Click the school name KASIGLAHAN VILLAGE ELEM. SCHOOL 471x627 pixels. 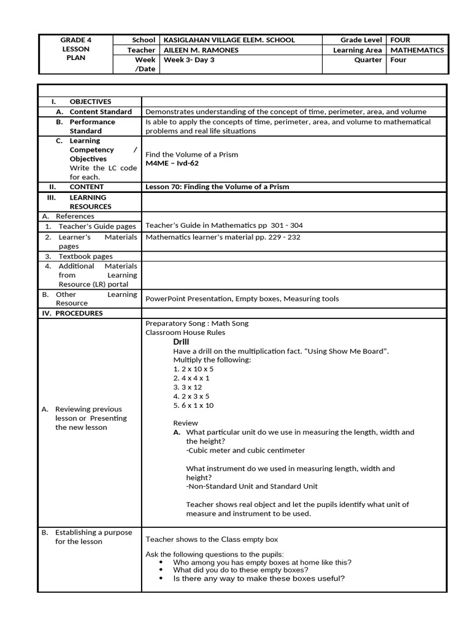[x=229, y=40]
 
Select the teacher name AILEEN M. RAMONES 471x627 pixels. [x=202, y=50]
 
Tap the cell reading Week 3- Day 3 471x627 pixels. [x=189, y=60]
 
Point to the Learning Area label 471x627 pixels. [x=357, y=50]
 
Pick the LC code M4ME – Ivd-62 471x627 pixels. [x=172, y=163]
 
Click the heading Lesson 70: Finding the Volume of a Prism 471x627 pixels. [x=216, y=187]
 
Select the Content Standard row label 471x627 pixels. [x=100, y=112]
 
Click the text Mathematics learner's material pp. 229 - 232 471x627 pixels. [x=223, y=237]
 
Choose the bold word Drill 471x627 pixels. [x=181, y=342]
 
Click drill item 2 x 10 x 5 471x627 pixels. [x=193, y=369]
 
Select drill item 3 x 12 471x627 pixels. [x=187, y=387]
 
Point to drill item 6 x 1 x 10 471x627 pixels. [x=193, y=405]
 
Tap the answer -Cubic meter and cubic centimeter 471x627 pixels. [x=245, y=451]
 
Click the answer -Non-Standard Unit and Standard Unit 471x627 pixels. [x=251, y=487]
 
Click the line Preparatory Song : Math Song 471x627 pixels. [x=197, y=323]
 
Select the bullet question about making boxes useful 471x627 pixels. [x=259, y=577]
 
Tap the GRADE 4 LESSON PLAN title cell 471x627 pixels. [x=76, y=49]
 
